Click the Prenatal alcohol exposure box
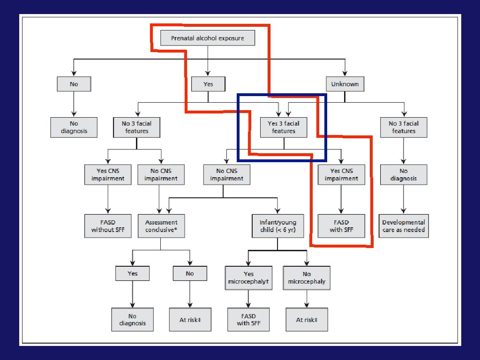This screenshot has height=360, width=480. [208, 38]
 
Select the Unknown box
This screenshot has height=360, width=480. [345, 84]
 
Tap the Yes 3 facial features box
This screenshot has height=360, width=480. [284, 127]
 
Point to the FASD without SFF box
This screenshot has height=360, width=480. [108, 225]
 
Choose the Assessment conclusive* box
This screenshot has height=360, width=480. [161, 225]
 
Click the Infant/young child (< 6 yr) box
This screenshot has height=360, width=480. [278, 225]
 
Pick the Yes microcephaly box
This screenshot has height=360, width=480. [248, 277]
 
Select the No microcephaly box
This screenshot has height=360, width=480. [307, 277]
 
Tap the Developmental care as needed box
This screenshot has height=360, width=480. [404, 225]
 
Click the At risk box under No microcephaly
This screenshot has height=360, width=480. [307, 320]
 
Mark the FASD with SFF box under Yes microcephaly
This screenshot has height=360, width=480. [248, 320]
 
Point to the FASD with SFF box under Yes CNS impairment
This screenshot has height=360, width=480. [341, 225]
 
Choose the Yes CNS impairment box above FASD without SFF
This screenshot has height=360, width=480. [108, 174]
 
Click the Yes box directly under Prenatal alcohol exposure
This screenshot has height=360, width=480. [208, 84]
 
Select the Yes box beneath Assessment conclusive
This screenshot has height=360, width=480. [133, 273]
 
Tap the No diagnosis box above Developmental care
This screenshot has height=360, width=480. [404, 174]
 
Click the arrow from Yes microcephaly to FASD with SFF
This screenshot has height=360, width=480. [248, 299]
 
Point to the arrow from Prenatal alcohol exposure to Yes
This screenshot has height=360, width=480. [208, 61]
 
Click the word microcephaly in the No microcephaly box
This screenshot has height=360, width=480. [307, 281]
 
